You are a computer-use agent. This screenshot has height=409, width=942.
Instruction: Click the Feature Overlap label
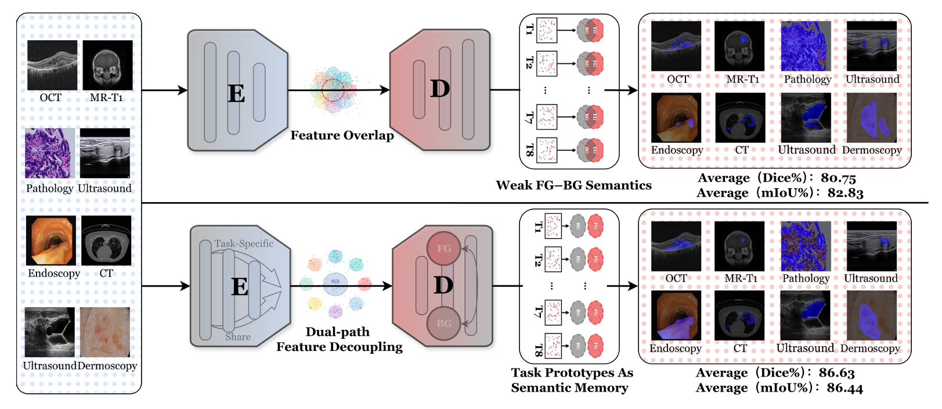pyautogui.click(x=342, y=135)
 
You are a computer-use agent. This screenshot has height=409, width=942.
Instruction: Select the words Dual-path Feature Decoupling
pyautogui.click(x=339, y=339)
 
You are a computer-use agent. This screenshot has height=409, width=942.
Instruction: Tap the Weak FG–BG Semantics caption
pyautogui.click(x=573, y=185)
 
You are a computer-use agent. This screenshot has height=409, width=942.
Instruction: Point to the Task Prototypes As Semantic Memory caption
pyautogui.click(x=572, y=380)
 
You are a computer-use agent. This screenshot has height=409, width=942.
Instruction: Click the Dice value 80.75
pyautogui.click(x=838, y=178)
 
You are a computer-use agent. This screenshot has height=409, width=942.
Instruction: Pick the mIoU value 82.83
pyautogui.click(x=845, y=193)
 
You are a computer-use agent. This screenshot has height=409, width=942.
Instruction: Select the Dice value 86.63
pyautogui.click(x=836, y=372)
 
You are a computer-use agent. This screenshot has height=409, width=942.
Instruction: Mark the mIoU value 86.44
pyautogui.click(x=844, y=388)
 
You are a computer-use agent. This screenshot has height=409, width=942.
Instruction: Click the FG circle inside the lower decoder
pyautogui.click(x=443, y=249)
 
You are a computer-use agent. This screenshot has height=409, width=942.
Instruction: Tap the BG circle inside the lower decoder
pyautogui.click(x=443, y=324)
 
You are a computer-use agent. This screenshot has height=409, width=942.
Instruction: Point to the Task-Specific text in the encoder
pyautogui.click(x=244, y=243)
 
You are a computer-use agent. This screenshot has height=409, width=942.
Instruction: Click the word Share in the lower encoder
pyautogui.click(x=238, y=337)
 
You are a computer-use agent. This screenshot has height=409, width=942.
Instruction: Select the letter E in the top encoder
pyautogui.click(x=236, y=93)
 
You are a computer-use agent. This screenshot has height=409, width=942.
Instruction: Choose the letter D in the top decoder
pyautogui.click(x=440, y=89)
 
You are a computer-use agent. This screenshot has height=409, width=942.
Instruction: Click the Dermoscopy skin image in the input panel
pyautogui.click(x=105, y=332)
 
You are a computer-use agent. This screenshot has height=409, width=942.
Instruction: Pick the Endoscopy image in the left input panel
pyautogui.click(x=50, y=241)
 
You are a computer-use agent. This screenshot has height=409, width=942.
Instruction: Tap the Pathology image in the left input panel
pyautogui.click(x=50, y=153)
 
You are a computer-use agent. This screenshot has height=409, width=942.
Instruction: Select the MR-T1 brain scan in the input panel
pyautogui.click(x=107, y=65)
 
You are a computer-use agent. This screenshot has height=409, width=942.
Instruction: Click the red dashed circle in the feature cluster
pyautogui.click(x=333, y=89)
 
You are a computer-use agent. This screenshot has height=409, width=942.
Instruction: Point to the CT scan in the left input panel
pyautogui.click(x=106, y=241)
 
